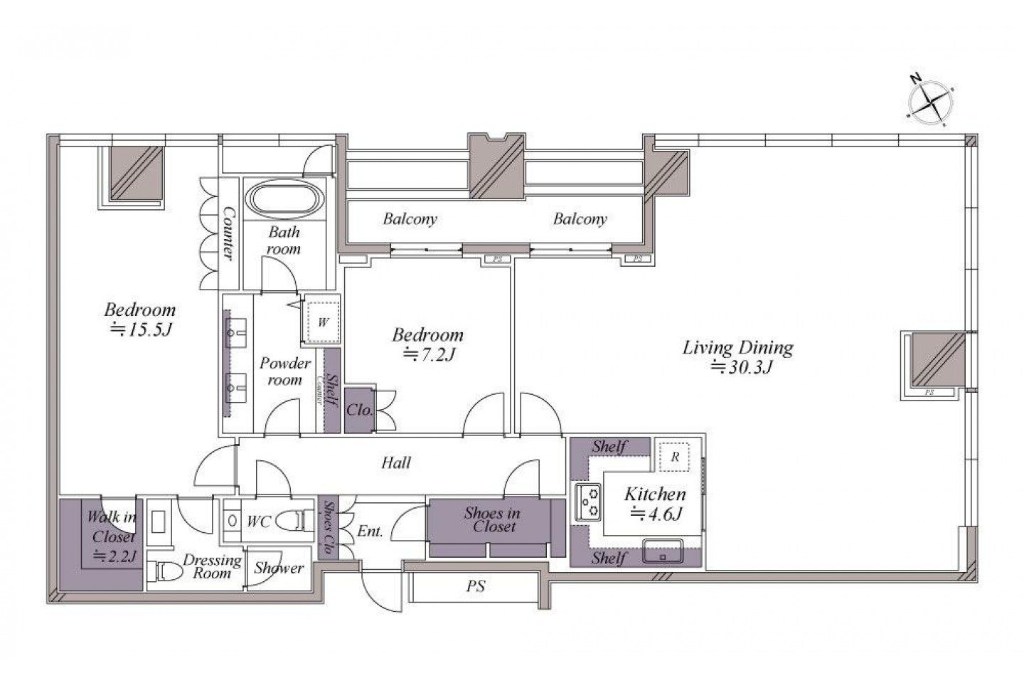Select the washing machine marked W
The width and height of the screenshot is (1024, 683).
[323, 322]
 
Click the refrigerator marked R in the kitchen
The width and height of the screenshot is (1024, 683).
[674, 456]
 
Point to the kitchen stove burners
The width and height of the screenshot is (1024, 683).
[588, 502]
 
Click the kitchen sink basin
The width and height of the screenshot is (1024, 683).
[663, 551]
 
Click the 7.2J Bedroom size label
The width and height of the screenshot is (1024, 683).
[430, 354]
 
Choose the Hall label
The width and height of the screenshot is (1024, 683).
[396, 463]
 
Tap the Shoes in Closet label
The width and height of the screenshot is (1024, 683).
[493, 519]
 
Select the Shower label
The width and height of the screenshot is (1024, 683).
[279, 568]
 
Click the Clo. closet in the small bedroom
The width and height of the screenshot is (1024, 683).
[359, 410]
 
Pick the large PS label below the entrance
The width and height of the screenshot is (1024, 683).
[476, 586]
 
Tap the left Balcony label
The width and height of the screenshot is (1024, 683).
[410, 219]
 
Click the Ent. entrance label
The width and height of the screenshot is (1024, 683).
[370, 531]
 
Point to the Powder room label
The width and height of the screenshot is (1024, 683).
[284, 371]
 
